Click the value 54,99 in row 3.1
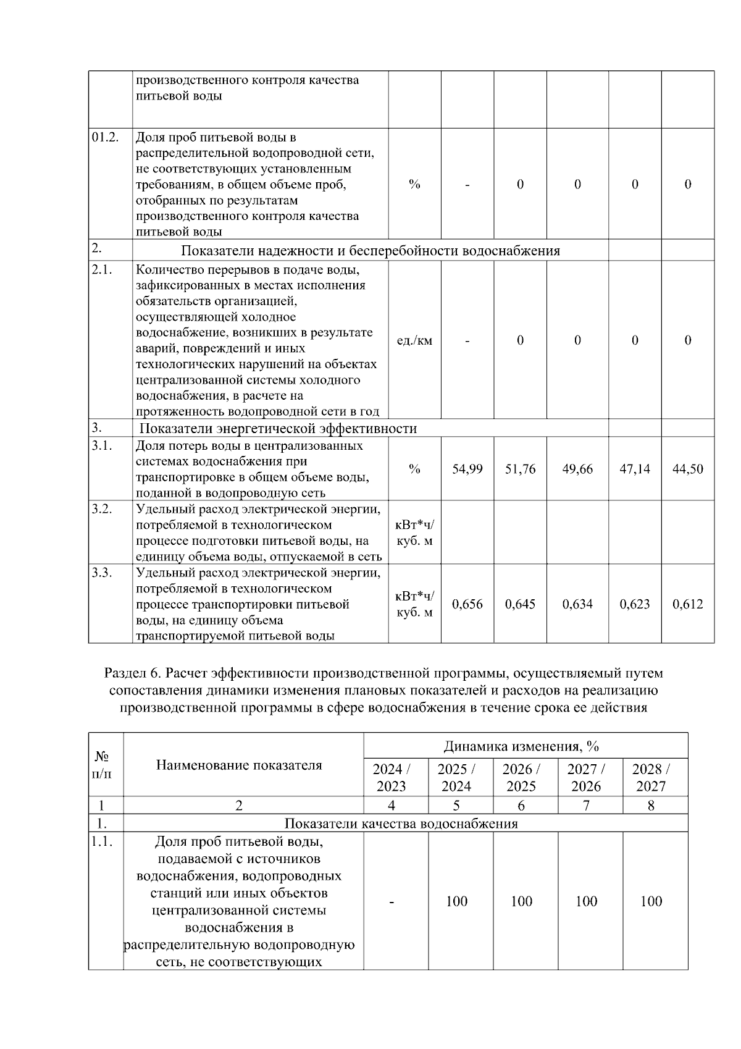pyautogui.click(x=467, y=469)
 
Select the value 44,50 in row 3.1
pyautogui.click(x=687, y=469)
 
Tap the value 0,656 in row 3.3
pyautogui.click(x=467, y=604)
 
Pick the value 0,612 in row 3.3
pyautogui.click(x=687, y=604)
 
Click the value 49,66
pyautogui.click(x=577, y=469)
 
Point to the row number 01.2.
pyautogui.click(x=104, y=137)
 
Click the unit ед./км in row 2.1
pyautogui.click(x=414, y=340)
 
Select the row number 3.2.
pyautogui.click(x=101, y=509)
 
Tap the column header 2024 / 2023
pyautogui.click(x=391, y=777)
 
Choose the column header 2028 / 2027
pyautogui.click(x=651, y=777)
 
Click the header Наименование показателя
pyautogui.click(x=239, y=765)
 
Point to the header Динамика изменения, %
pyautogui.click(x=521, y=746)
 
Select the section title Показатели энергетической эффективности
pyautogui.click(x=278, y=428)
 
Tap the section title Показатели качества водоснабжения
pyautogui.click(x=401, y=823)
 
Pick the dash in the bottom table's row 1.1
pyautogui.click(x=391, y=901)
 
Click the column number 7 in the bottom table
pyautogui.click(x=586, y=805)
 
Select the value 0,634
pyautogui.click(x=577, y=604)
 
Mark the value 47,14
pyautogui.click(x=634, y=469)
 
